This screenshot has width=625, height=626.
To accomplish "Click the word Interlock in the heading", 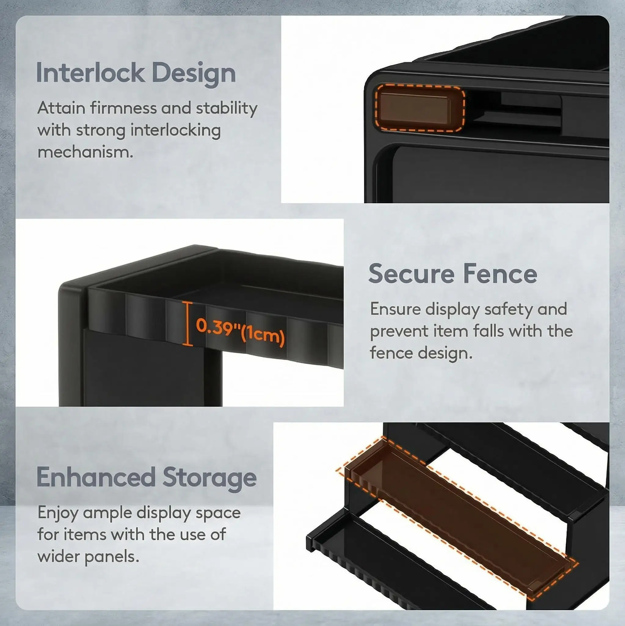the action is [90, 73].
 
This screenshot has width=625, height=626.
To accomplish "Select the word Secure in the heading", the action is [411, 274].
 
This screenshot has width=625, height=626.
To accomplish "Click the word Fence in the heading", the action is [500, 274].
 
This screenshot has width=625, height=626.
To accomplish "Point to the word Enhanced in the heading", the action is [96, 477].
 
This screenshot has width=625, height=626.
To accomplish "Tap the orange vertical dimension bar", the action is [187, 323].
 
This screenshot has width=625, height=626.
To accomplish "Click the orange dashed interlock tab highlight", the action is [420, 108].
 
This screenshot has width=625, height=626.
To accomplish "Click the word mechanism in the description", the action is [85, 152].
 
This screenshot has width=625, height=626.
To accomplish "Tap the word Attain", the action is [61, 108].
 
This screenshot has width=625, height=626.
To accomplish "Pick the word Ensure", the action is [395, 309].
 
